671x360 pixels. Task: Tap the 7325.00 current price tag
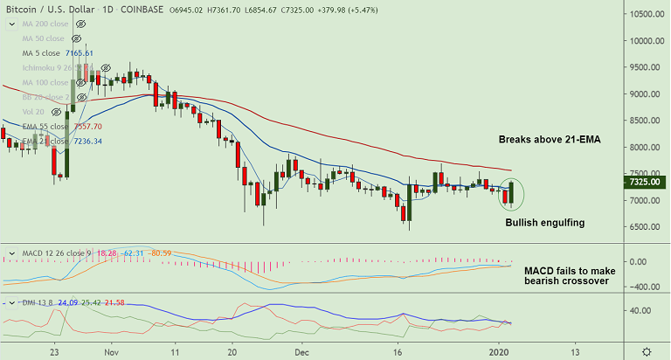(x=647, y=183)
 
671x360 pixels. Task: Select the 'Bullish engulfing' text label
(x=545, y=223)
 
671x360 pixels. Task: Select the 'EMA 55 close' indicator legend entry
(x=44, y=126)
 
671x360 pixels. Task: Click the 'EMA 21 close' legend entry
(x=44, y=141)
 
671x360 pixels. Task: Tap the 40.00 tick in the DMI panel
(x=643, y=310)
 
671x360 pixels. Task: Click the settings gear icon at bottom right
(x=646, y=350)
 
